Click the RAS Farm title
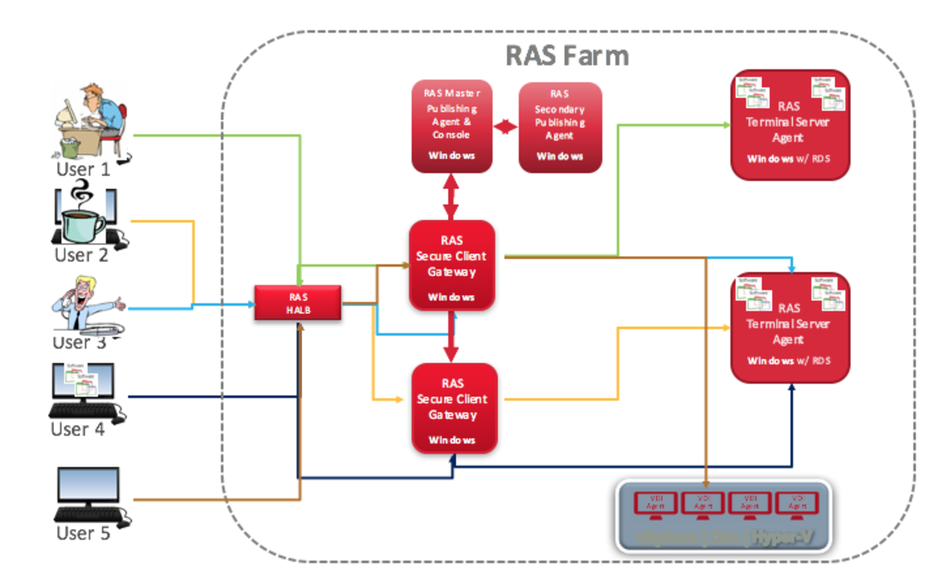click(x=567, y=55)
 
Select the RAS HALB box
click(x=298, y=302)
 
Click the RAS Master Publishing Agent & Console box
click(x=451, y=126)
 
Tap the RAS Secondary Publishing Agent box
click(x=559, y=126)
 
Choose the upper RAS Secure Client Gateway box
click(x=453, y=265)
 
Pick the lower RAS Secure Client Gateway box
click(x=453, y=408)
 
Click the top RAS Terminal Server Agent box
click(x=790, y=124)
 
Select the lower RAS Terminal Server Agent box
click(x=790, y=327)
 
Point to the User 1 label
click(x=84, y=170)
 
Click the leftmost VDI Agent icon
click(x=656, y=504)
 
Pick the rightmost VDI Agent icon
click(x=797, y=504)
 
